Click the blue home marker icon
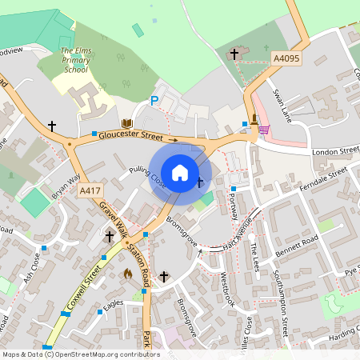[180, 172]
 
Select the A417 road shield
[90, 190]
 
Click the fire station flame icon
[127, 273]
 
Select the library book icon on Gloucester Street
[126, 123]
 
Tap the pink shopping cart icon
[263, 129]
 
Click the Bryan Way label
[66, 186]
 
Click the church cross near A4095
[234, 54]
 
